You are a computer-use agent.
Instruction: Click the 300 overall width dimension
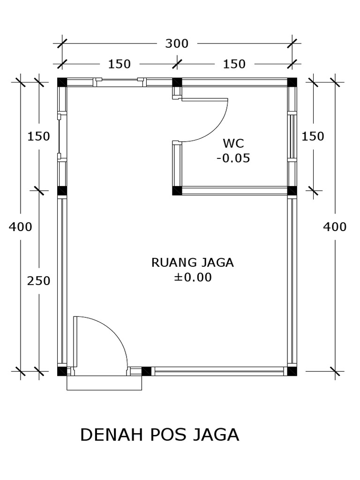[177, 44]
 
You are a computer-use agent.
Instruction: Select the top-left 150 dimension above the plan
[120, 64]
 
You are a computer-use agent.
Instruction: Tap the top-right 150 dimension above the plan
[234, 64]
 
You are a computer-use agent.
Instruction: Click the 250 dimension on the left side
[39, 281]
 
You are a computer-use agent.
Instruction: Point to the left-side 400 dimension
[21, 227]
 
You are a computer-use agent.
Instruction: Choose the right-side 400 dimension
[335, 227]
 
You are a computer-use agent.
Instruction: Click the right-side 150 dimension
[313, 136]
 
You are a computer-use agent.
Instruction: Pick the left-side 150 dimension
[39, 136]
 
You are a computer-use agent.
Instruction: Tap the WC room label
[233, 142]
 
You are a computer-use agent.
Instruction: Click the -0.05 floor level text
[233, 158]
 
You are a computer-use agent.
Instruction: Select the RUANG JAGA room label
[192, 262]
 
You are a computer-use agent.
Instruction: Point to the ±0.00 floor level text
[193, 277]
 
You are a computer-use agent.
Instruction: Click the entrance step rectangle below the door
[104, 383]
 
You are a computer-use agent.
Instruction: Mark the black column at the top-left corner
[62, 82]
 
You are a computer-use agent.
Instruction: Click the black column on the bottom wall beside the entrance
[146, 371]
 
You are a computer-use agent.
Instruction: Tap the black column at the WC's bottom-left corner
[177, 190]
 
